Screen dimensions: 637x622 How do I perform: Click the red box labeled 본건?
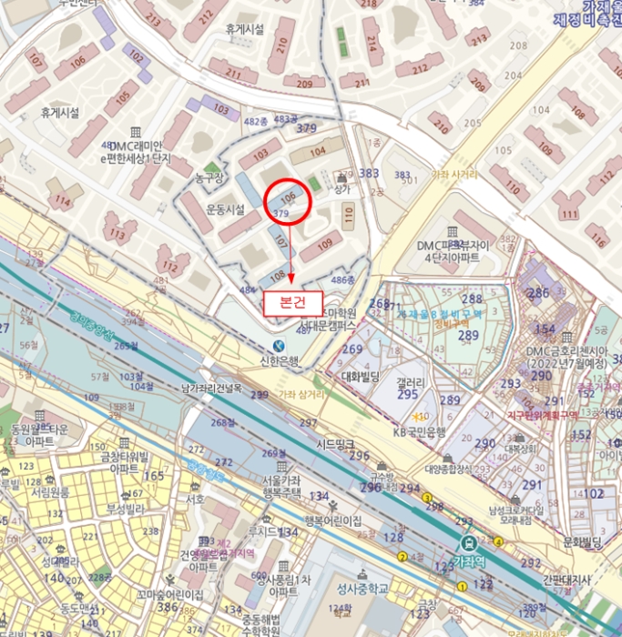click(292, 302)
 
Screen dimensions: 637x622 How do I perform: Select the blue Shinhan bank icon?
click(278, 346)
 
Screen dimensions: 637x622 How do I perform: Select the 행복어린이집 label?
click(332, 521)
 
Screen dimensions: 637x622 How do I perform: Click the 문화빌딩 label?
click(584, 542)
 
